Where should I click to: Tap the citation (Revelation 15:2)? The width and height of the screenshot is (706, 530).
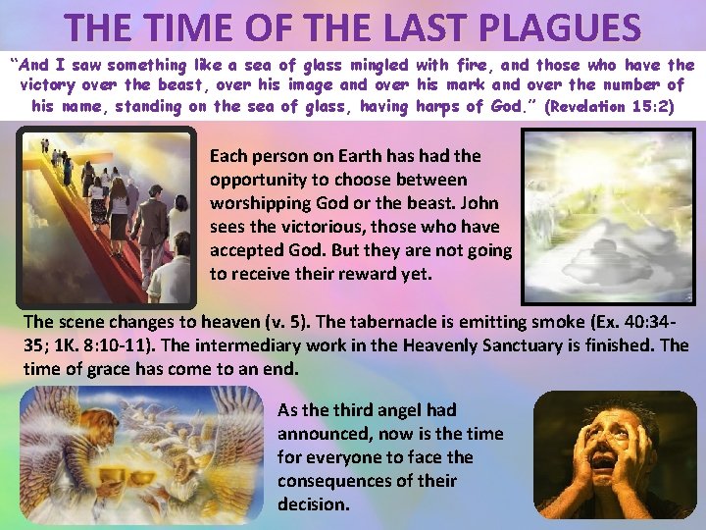(x=616, y=105)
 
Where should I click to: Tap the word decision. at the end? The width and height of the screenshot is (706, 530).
(x=314, y=504)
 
